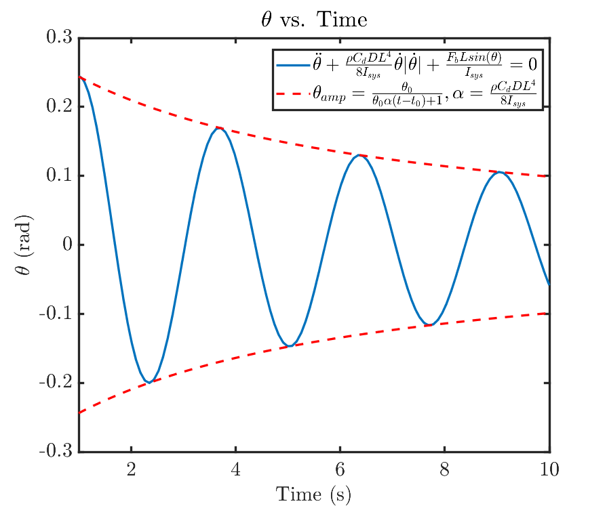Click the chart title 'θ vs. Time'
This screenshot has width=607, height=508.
point(313,20)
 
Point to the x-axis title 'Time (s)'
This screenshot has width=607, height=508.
point(313,494)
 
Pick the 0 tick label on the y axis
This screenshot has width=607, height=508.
point(66,245)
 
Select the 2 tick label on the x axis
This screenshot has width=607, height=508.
point(132,468)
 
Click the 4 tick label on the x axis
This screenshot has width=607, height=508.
point(236,468)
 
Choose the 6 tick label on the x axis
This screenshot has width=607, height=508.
point(340,468)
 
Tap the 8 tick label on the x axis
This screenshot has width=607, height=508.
point(445,468)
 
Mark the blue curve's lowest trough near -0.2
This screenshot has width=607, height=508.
point(150,383)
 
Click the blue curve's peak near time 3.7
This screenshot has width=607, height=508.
point(220,127)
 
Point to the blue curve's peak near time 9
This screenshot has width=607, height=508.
point(500,172)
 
